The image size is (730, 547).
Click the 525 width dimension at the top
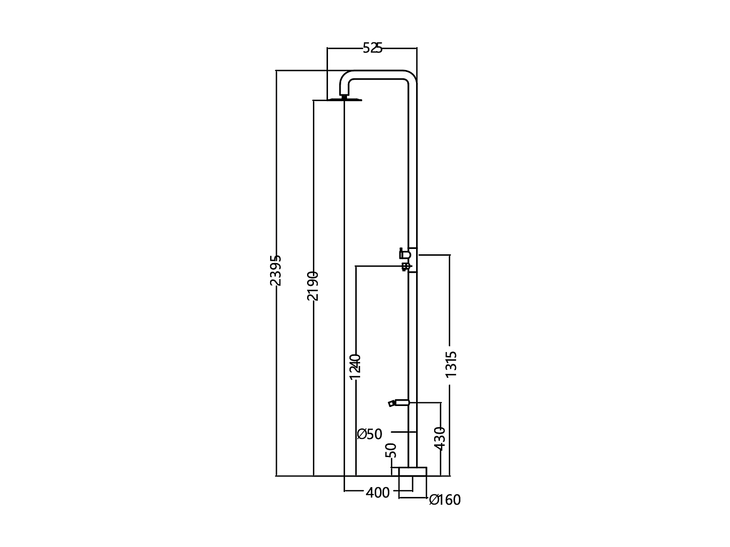pos(373,48)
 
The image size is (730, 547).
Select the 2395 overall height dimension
pos(276,270)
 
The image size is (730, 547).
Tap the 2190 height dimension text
pos(313,285)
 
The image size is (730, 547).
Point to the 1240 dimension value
pos(356,366)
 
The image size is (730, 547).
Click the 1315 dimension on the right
pos(451,364)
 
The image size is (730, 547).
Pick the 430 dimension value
pos(440,438)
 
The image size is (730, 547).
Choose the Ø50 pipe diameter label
pos(370,434)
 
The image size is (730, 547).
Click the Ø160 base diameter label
pos(445,500)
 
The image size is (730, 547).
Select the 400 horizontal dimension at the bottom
pos(378,493)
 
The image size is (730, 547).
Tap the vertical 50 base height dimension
pos(391,450)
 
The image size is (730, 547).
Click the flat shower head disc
pos(345,100)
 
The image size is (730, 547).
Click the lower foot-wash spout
pos(398,403)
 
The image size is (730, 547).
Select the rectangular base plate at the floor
pos(412,472)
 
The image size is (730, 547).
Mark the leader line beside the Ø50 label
pos(403,432)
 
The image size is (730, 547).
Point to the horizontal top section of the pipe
pos(380,74)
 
